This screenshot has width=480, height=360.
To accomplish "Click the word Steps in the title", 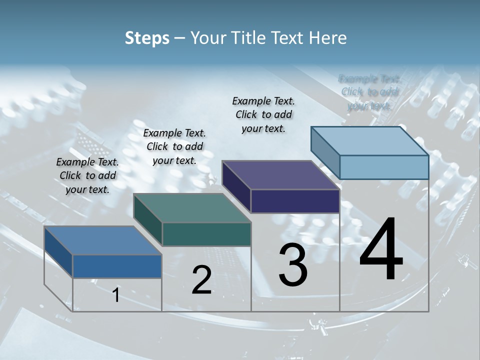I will point(147,38).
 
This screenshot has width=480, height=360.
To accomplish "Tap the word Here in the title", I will point(328,38).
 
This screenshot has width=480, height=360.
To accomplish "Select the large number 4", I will point(381,249).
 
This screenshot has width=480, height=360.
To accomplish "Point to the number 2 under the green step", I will point(201,279).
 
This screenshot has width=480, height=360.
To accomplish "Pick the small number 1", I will point(116,295).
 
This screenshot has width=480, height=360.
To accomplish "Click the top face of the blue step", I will point(102,240).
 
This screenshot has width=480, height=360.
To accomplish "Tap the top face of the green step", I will point(192,208).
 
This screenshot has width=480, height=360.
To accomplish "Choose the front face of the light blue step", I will point(384,167).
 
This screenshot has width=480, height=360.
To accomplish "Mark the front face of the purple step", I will point(295,201).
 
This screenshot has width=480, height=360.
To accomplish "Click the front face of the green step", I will point(206,234).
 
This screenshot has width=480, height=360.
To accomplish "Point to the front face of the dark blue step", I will point(117,266).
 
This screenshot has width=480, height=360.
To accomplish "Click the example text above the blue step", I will point(87,175).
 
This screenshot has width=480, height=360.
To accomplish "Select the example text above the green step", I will point(174,146).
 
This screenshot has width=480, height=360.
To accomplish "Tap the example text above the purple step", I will point(263,114).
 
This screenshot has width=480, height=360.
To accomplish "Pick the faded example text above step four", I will point(370,91).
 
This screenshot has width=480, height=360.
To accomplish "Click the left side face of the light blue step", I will point(325,152).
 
